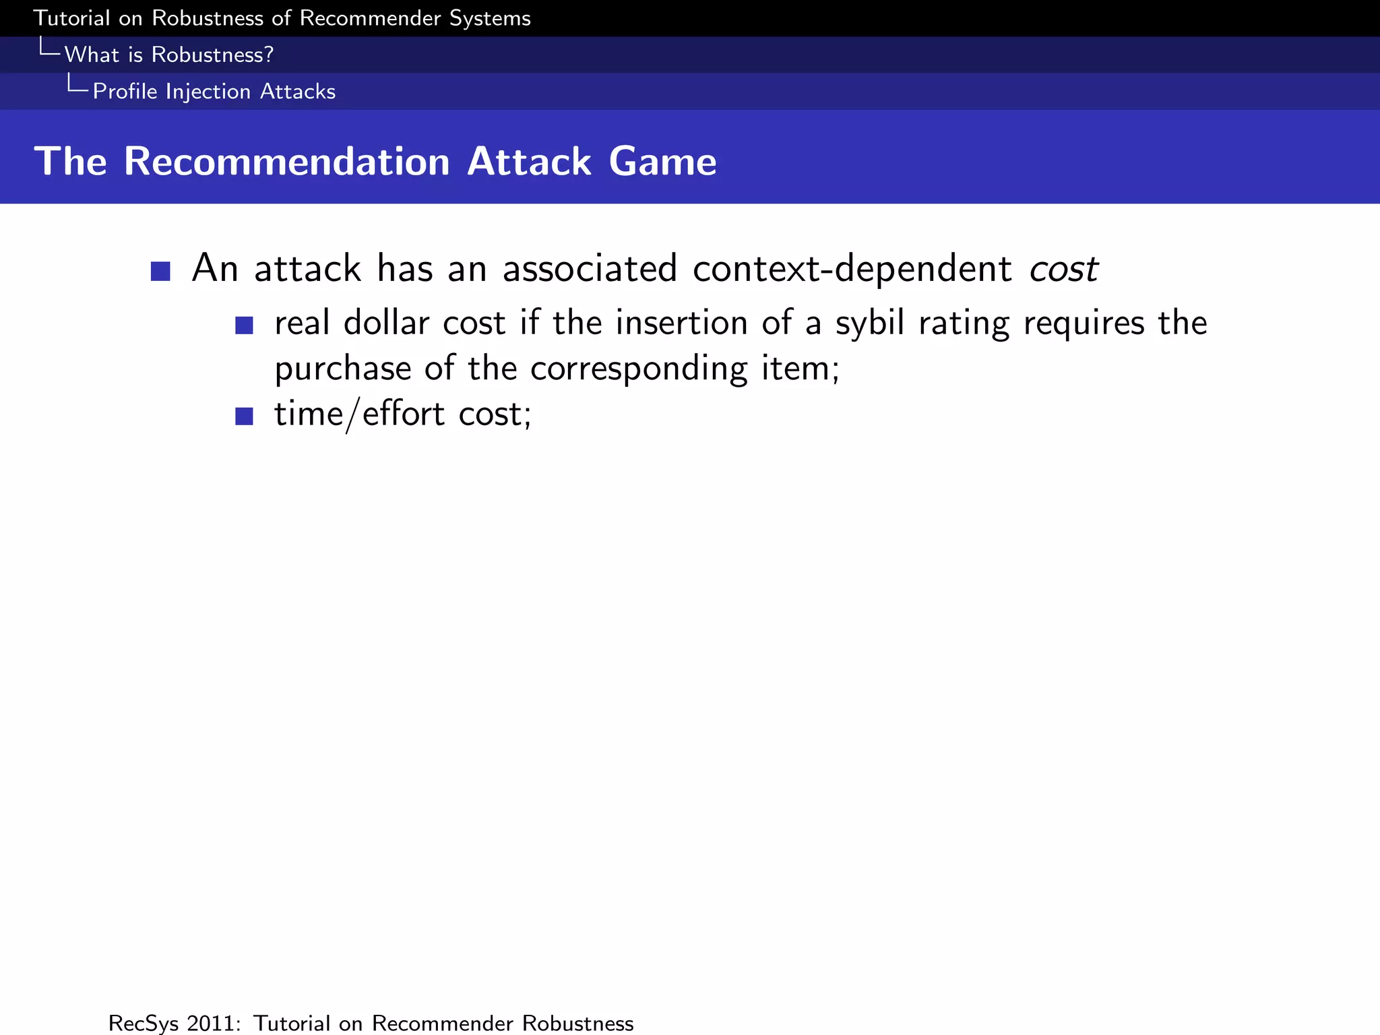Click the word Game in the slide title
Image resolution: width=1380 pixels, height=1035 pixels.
(662, 162)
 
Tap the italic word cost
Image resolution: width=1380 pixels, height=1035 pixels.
(1064, 268)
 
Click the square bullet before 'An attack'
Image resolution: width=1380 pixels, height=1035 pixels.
(160, 272)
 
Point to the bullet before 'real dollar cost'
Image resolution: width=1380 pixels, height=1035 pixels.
(244, 326)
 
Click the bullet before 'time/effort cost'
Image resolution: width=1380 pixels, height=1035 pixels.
(244, 416)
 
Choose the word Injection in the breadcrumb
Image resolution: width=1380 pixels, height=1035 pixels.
(208, 91)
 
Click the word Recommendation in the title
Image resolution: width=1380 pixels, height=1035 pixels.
(286, 162)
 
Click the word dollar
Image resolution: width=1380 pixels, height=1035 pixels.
(386, 323)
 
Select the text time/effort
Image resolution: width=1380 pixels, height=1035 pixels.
(359, 414)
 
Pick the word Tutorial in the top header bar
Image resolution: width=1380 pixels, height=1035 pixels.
(71, 18)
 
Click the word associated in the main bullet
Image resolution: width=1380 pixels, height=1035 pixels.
(590, 268)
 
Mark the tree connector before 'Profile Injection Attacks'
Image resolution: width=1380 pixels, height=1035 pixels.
(77, 84)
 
